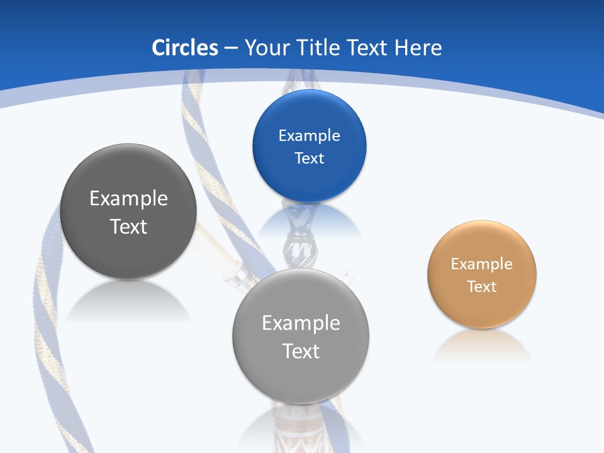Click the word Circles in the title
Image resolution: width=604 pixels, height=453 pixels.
[x=185, y=48]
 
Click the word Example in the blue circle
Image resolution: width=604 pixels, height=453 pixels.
[x=309, y=136]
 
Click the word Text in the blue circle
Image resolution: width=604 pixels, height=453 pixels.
[x=309, y=159]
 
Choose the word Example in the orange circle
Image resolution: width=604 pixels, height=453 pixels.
[x=482, y=264]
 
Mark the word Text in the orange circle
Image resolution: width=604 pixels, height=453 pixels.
[x=482, y=287]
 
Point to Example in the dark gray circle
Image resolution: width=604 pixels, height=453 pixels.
[x=128, y=199]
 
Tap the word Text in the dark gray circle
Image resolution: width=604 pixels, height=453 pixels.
[x=128, y=226]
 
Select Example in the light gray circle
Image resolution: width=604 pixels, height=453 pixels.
[x=301, y=323]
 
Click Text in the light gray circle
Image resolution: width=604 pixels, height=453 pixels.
[x=301, y=351]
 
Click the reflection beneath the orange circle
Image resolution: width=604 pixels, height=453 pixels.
[x=482, y=346]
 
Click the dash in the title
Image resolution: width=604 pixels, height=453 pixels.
[x=231, y=48]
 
